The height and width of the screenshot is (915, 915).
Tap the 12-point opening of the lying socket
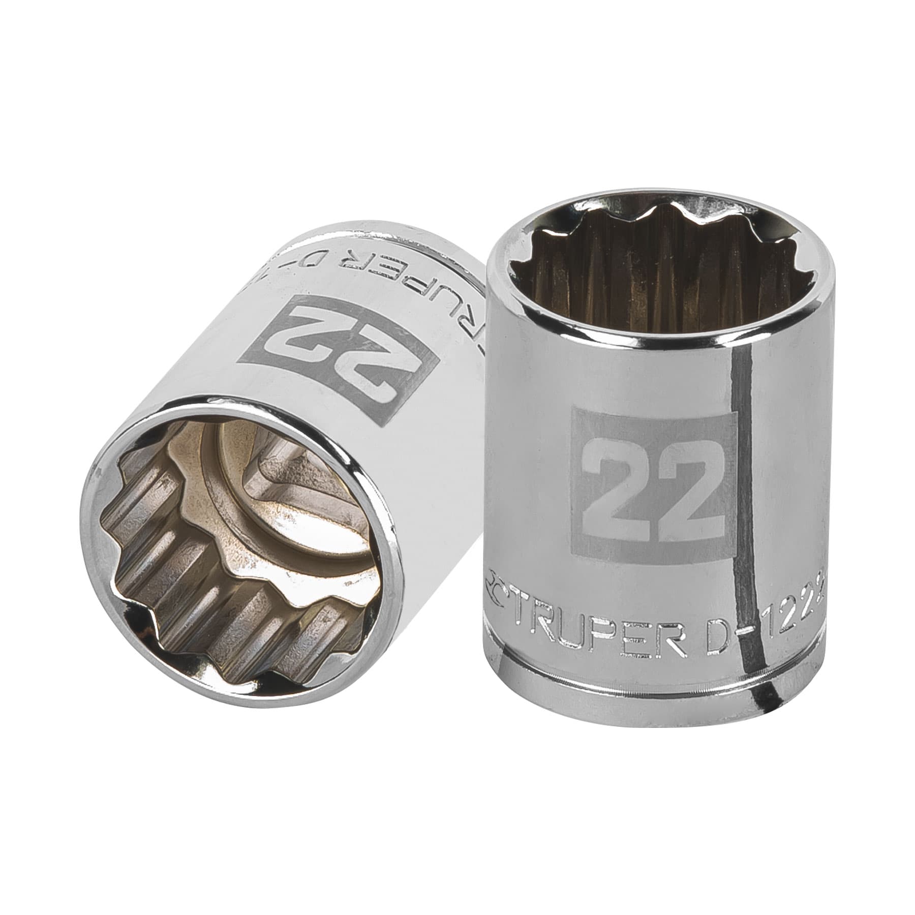(x=229, y=534)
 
